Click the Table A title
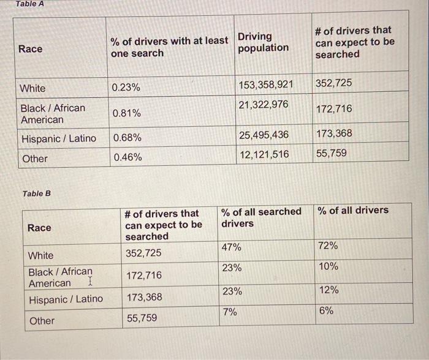point(30,4)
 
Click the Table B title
point(37,193)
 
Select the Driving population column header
point(263,42)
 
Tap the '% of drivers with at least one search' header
point(169,47)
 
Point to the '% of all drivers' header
point(352,211)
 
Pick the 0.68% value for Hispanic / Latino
point(127,138)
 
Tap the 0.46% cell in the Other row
point(127,157)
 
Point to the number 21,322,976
point(263,105)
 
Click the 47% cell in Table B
point(232,247)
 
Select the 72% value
point(328,246)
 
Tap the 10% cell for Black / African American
point(328,267)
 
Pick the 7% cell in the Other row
point(229,312)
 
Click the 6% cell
point(326,311)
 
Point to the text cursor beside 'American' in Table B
point(89,282)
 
